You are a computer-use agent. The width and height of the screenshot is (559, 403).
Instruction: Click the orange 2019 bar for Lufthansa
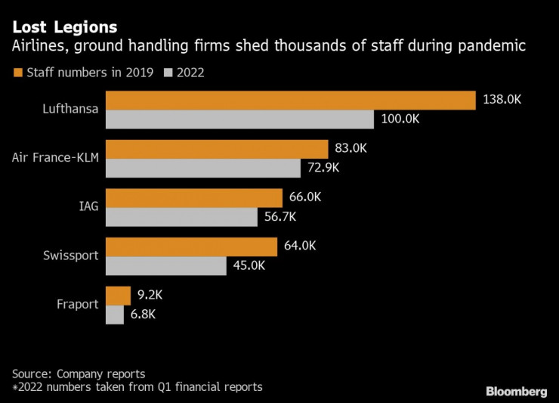[290, 101]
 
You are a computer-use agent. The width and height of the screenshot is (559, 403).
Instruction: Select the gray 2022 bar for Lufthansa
[239, 119]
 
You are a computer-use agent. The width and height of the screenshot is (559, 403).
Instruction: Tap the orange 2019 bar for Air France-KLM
[216, 149]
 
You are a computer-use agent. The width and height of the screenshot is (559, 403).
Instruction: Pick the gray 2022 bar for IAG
[181, 217]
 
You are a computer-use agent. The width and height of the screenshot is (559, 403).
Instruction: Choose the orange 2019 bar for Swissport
[191, 247]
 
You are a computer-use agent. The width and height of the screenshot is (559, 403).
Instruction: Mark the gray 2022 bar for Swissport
[165, 265]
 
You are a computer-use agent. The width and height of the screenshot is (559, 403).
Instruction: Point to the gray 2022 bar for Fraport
[115, 315]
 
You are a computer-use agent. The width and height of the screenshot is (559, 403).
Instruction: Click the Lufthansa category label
[70, 109]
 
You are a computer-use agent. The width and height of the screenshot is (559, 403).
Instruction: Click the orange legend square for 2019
[17, 73]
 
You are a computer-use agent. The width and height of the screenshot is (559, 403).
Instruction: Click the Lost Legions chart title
[64, 28]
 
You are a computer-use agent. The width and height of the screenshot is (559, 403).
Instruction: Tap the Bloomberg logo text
[515, 391]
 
